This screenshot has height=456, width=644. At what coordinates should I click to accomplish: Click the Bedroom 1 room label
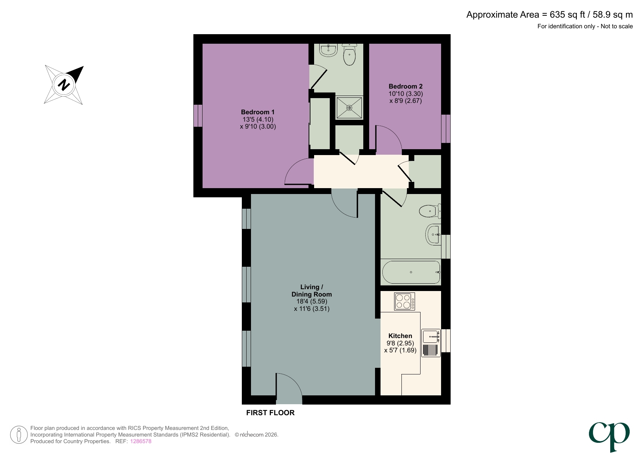click(258, 112)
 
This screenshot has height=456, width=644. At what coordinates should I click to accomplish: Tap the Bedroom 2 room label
click(405, 86)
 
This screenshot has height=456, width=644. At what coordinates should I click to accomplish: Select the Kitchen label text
click(400, 336)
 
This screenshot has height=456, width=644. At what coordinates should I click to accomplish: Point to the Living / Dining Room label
click(312, 291)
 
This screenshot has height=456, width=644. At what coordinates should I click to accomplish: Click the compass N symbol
click(64, 85)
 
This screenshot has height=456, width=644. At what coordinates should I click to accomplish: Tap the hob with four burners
click(404, 301)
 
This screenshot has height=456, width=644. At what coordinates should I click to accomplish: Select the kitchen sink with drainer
click(431, 343)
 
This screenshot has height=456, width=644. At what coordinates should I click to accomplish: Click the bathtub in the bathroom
click(411, 272)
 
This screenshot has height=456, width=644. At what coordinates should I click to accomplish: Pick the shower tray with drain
click(349, 108)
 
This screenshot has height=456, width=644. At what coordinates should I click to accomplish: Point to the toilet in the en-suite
click(349, 55)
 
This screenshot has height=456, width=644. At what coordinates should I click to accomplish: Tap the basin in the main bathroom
click(433, 234)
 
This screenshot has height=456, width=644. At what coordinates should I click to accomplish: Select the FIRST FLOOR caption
click(270, 413)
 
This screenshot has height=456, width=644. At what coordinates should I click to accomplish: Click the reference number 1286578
click(141, 441)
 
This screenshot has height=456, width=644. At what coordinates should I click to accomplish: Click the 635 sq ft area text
click(567, 15)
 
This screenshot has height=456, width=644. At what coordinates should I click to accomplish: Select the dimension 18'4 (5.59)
click(312, 301)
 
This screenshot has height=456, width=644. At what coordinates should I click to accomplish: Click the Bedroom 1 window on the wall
click(198, 115)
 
